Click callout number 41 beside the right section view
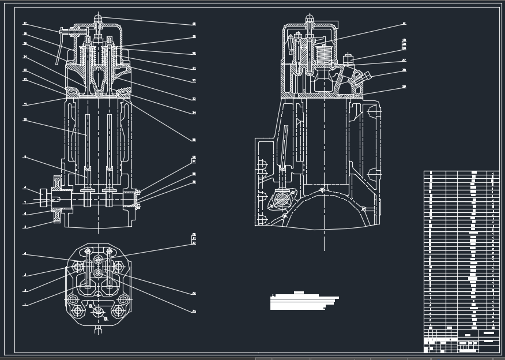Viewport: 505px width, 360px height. click(x=404, y=24)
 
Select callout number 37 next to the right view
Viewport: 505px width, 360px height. click(x=404, y=60)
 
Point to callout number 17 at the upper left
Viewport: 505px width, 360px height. click(x=25, y=24)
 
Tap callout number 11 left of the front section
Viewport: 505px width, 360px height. click(x=25, y=104)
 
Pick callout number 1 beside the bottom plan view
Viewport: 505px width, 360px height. click(x=25, y=305)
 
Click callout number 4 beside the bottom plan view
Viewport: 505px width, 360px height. click(x=25, y=254)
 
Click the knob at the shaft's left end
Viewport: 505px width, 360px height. click(x=43, y=198)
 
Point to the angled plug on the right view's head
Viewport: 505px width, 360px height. click(x=363, y=78)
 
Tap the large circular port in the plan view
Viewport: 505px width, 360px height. click(x=98, y=312)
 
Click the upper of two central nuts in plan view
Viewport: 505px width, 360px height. click(x=98, y=261)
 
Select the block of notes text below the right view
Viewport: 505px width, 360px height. click(x=303, y=302)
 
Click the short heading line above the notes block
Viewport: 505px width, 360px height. click(x=299, y=292)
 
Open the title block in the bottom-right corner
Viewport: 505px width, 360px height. click(x=461, y=340)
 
